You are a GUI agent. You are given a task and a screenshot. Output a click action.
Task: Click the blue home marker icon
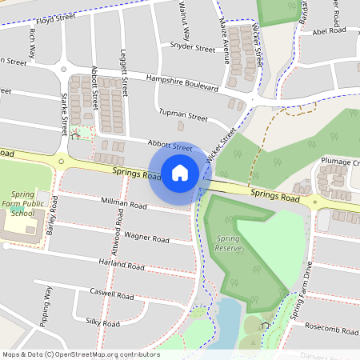click(180, 172)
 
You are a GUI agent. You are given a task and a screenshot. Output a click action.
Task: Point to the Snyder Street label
click(187, 48)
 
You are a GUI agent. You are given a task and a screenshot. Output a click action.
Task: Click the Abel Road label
click(330, 31)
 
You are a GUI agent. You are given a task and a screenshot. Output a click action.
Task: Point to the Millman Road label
click(125, 205)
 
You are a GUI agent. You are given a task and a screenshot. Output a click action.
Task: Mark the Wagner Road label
click(146, 238)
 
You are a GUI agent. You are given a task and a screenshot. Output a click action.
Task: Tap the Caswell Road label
click(112, 294)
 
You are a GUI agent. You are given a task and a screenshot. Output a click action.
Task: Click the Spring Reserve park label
click(230, 245)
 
